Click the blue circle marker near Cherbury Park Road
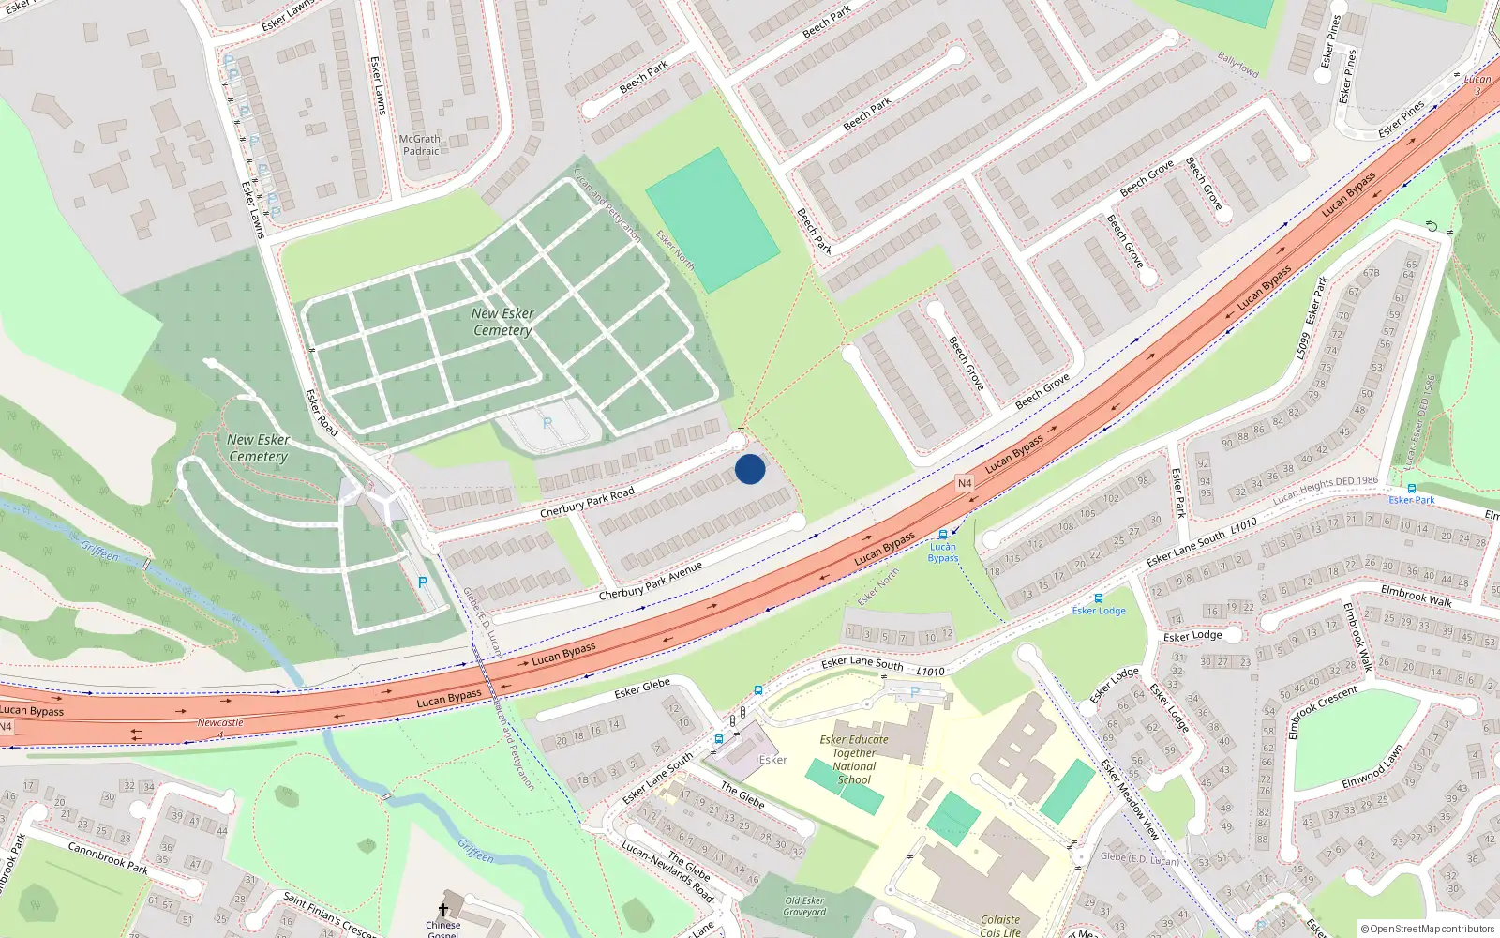tap(750, 469)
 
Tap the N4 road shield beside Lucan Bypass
tap(965, 483)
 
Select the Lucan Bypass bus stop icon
tap(943, 535)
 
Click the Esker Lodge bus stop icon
tap(1098, 598)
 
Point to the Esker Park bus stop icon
tap(1412, 489)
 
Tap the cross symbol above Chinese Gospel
tap(443, 910)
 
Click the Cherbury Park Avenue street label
tap(651, 582)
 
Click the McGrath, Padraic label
tap(421, 144)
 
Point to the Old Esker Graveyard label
tap(804, 906)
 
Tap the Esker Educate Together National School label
tap(854, 759)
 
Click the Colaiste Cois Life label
tap(1000, 926)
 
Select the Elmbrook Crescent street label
tap(1323, 713)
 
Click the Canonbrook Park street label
tap(108, 857)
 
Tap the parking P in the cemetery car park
tap(547, 424)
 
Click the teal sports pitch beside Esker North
tap(712, 220)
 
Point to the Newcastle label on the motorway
tap(220, 722)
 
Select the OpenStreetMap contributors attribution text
tap(1427, 930)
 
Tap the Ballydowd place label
tap(1237, 64)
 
